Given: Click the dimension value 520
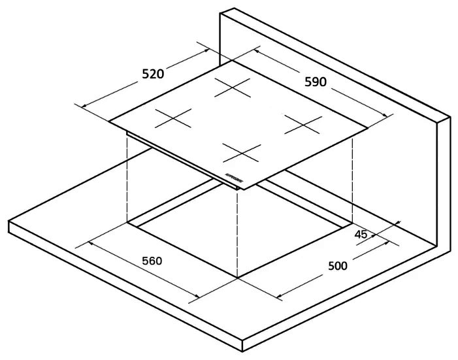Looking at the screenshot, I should tap(153, 74).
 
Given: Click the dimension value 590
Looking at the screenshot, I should tap(316, 82).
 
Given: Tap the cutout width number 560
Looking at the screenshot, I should tap(152, 261).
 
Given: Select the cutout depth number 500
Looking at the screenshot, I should tap(337, 266).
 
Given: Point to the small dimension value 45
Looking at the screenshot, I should tap(361, 234).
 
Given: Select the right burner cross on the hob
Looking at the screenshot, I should tap(303, 124).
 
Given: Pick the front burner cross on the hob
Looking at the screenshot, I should tap(241, 155).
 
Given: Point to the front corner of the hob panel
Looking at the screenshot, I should tap(243, 189).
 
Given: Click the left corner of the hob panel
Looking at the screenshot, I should tap(110, 121).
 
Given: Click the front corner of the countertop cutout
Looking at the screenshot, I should tap(237, 278).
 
